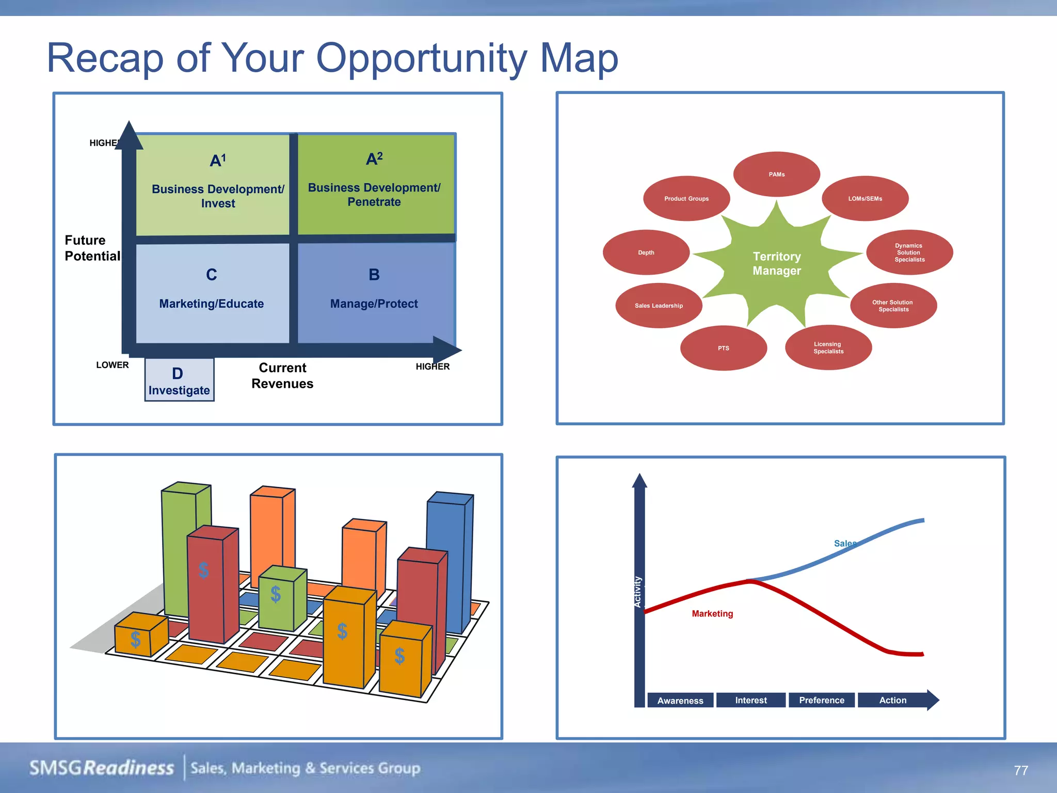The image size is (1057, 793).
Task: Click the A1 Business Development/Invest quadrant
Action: pyautogui.click(x=213, y=184)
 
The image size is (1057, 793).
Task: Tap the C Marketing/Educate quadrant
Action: pyautogui.click(x=212, y=292)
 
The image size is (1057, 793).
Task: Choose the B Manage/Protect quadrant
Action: pyautogui.click(x=375, y=292)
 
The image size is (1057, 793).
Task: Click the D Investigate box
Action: pyautogui.click(x=179, y=380)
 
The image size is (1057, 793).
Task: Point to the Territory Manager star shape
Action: pyautogui.click(x=777, y=263)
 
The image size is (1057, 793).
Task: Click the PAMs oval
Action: pyautogui.click(x=777, y=175)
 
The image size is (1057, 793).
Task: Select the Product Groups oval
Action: pyautogui.click(x=686, y=199)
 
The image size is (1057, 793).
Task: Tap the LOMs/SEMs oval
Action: pyautogui.click(x=865, y=199)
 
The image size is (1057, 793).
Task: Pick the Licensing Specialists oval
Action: pyautogui.click(x=828, y=347)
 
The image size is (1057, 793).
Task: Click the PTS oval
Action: pyautogui.click(x=724, y=348)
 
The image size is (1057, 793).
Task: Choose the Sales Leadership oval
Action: pyautogui.click(x=659, y=306)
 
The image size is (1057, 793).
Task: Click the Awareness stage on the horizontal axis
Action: pyautogui.click(x=680, y=701)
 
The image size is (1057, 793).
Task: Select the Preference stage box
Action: pyautogui.click(x=822, y=701)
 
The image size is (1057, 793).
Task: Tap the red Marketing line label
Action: pyautogui.click(x=712, y=613)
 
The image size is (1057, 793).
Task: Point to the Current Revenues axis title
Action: pyautogui.click(x=282, y=375)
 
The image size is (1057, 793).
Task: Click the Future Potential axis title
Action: pyautogui.click(x=92, y=248)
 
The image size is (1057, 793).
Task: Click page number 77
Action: pyautogui.click(x=1021, y=770)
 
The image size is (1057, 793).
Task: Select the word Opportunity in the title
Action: pyautogui.click(x=421, y=58)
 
